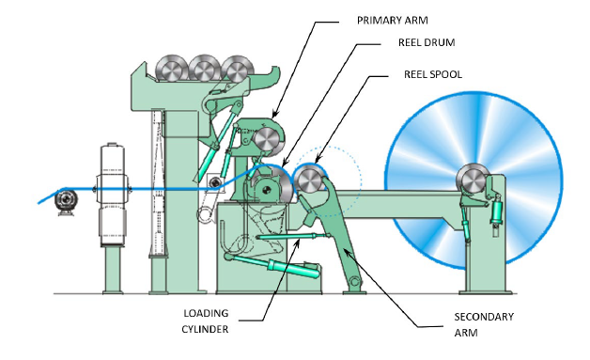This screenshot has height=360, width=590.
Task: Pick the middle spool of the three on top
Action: pos(204,68)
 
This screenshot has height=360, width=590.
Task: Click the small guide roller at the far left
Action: pos(65,199)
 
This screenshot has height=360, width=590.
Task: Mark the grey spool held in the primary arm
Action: pos(269,138)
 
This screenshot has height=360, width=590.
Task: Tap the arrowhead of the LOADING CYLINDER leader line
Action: pos(303,241)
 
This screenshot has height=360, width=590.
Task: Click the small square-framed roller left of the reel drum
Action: pos(216,182)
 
